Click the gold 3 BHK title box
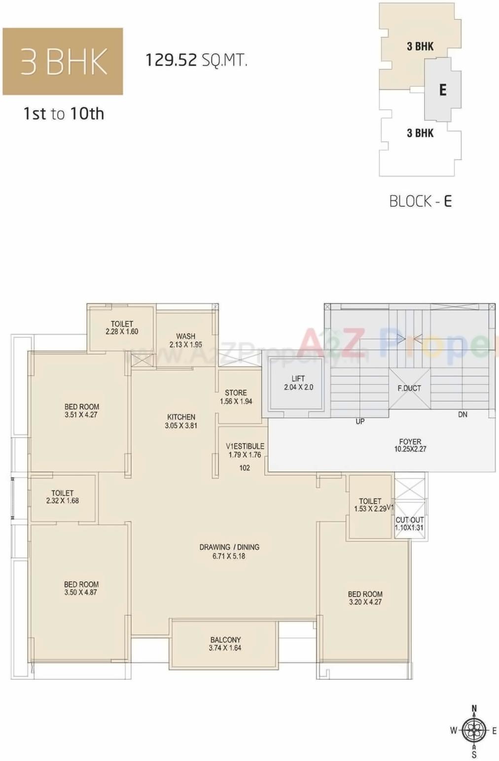(63, 62)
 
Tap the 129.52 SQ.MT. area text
(196, 60)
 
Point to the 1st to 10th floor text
(64, 114)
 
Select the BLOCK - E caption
(420, 201)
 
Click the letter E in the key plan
(443, 90)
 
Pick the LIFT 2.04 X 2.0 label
(298, 383)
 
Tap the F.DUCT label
(409, 388)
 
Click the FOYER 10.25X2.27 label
(410, 445)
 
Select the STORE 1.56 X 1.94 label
(236, 397)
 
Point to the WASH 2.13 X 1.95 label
(186, 340)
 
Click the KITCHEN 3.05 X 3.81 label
(181, 421)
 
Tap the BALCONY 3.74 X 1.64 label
(225, 644)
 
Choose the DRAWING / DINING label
(229, 551)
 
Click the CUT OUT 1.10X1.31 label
(409, 524)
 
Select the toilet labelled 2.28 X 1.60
(122, 328)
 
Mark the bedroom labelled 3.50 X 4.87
(81, 588)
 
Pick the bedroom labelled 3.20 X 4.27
(365, 598)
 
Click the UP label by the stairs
(360, 422)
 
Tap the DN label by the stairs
(463, 415)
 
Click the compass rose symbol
(474, 730)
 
